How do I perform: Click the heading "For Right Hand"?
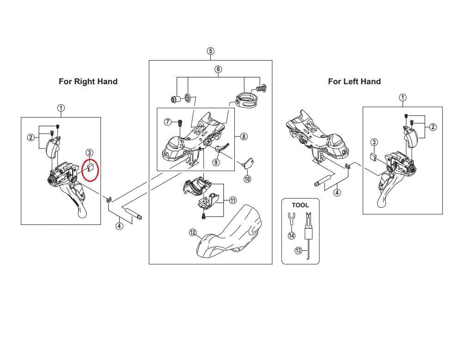[x=88, y=81]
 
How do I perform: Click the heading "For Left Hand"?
[x=354, y=81]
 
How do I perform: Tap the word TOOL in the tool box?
[x=300, y=205]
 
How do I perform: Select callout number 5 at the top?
[x=210, y=51]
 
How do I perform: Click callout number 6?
[x=218, y=69]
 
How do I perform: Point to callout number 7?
[x=168, y=122]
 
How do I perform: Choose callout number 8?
[x=244, y=137]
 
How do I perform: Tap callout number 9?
[x=216, y=162]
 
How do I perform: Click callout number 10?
[x=247, y=179]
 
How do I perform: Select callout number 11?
[x=233, y=200]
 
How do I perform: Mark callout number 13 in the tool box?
[x=298, y=251]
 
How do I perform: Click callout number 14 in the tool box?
[x=291, y=236]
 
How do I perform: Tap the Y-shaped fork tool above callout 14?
[x=291, y=218]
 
